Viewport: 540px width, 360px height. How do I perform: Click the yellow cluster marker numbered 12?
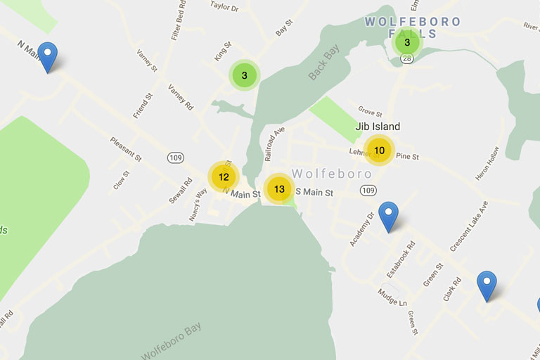point(224,176)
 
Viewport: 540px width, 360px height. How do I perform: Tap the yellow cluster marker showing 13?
point(280,188)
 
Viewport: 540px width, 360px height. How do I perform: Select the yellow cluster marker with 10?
point(379,150)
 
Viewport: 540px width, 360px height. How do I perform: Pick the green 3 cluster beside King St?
point(245,75)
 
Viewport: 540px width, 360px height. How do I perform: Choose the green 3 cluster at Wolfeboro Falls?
point(407,43)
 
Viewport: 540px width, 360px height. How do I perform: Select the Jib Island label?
point(378,127)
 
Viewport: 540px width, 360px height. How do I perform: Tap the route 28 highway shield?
point(406,61)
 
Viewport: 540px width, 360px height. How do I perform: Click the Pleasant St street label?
point(126,150)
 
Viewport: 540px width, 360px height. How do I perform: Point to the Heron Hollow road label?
point(487,163)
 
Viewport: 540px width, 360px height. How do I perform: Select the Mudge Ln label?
point(392,297)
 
